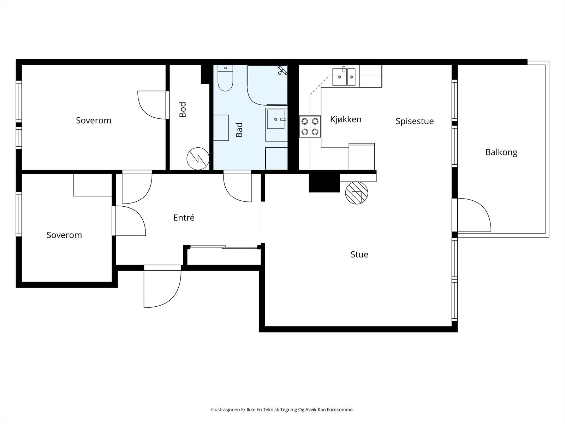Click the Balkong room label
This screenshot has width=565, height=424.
[501, 152]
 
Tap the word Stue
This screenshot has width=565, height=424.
[359, 254]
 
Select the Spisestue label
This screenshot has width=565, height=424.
[415, 121]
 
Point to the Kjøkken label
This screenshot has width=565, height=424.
[346, 119]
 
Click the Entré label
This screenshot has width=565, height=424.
[184, 218]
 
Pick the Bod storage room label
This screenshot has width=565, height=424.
[183, 110]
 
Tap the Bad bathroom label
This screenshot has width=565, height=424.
[239, 130]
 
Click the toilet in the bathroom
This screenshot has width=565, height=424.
[225, 78]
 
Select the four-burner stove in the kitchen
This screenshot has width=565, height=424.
[310, 126]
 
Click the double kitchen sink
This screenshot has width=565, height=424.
[344, 76]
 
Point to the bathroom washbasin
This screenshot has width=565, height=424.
[276, 119]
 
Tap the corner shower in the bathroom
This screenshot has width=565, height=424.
[267, 85]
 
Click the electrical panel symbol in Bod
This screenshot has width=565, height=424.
[198, 159]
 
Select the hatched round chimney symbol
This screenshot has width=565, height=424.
[357, 193]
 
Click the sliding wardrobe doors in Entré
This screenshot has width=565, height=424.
[224, 247]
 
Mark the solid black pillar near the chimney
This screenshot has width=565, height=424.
[324, 183]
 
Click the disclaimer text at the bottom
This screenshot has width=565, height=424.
[282, 409]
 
